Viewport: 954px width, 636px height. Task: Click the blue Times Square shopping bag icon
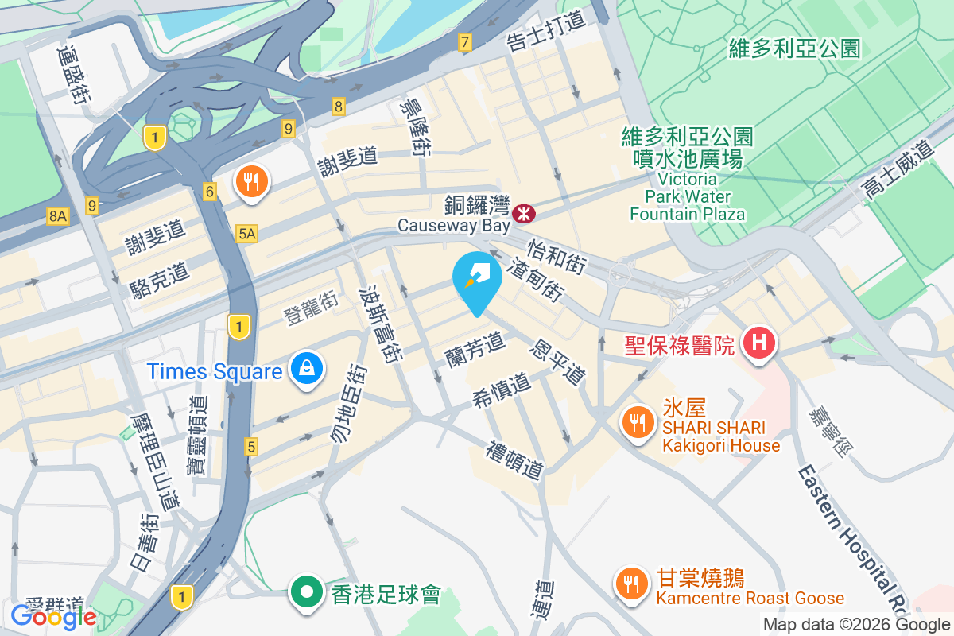(x=305, y=369)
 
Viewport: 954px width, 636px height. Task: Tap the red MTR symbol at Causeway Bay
(x=524, y=213)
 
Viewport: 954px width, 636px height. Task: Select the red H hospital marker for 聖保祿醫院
(x=758, y=343)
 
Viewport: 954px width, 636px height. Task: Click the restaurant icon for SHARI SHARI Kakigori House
(x=636, y=421)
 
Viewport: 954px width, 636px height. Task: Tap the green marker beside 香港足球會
(x=304, y=592)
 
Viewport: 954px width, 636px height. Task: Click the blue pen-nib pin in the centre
(x=477, y=278)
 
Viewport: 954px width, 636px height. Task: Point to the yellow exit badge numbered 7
(x=464, y=42)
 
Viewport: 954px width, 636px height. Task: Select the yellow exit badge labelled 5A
(x=246, y=233)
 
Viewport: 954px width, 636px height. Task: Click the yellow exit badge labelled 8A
(x=57, y=215)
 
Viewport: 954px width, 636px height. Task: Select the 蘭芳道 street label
(x=475, y=347)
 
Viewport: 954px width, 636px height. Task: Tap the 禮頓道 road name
(x=516, y=460)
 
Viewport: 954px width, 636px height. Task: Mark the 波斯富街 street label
(x=380, y=325)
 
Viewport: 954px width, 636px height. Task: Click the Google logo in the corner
(x=53, y=616)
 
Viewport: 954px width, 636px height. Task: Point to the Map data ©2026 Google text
(x=857, y=624)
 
